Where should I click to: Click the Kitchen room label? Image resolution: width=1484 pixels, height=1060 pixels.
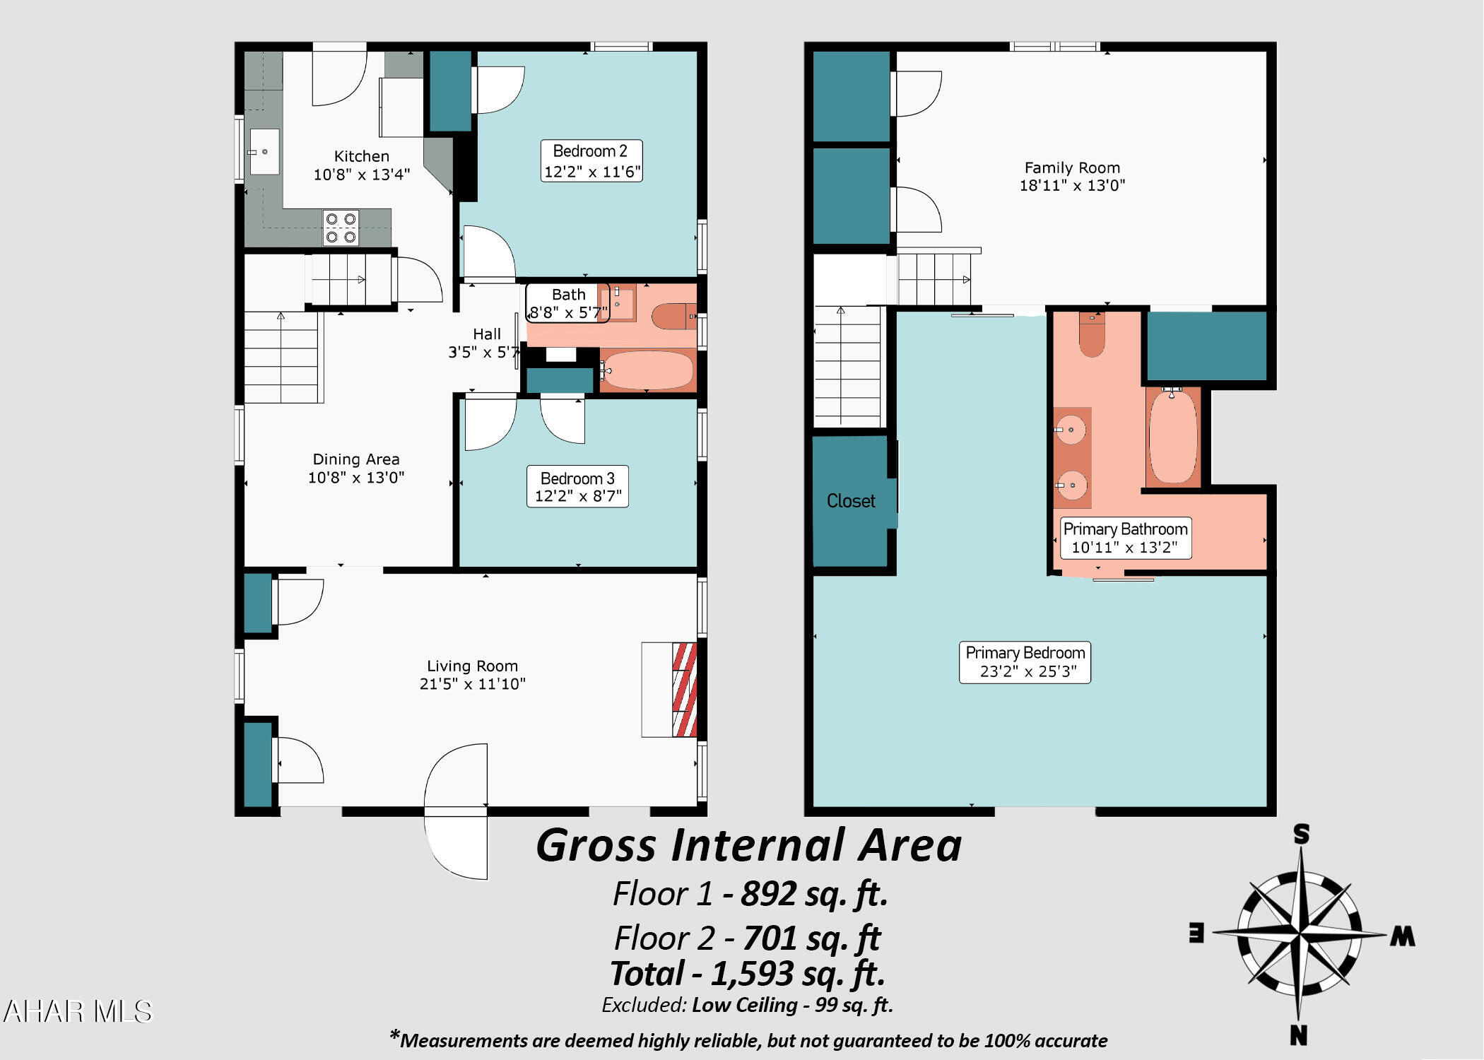361,156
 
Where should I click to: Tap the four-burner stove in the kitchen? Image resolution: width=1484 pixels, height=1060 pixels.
341,228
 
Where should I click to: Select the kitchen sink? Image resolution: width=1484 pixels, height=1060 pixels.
264,152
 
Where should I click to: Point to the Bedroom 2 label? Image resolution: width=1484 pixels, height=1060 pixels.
590,151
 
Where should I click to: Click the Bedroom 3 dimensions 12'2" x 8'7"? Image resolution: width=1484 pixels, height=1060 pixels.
578,496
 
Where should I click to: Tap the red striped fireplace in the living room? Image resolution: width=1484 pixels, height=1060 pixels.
684,689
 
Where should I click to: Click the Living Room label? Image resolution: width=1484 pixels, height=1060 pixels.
472,666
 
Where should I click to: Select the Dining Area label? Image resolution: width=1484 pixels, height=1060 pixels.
356,459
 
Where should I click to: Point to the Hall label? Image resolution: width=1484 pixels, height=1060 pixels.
487,334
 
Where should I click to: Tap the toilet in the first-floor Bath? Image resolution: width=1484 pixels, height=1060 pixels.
672,317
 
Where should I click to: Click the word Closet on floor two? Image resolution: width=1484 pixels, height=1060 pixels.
851,501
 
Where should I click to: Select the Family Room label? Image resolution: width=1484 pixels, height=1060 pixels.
1072,167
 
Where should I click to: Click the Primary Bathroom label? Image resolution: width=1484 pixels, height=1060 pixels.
1125,529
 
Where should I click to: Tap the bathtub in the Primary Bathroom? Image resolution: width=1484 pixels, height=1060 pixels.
1173,437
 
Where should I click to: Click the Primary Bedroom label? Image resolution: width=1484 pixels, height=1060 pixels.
1025,652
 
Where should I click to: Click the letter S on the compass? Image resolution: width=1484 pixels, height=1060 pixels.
1301,835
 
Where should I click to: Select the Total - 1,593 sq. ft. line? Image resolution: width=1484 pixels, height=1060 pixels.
748,974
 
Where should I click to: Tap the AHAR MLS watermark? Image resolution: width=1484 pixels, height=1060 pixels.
78,1012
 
